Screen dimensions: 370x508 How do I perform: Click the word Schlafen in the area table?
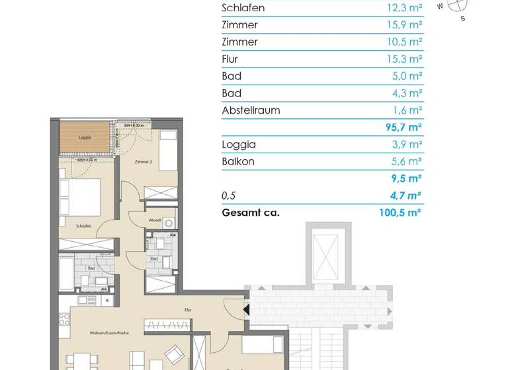click(x=243, y=8)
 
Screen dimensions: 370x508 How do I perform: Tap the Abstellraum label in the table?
click(x=251, y=110)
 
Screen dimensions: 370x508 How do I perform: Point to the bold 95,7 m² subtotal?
click(x=405, y=128)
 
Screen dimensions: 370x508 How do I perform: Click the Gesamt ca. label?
click(x=251, y=212)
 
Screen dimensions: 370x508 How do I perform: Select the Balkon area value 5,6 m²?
click(x=407, y=161)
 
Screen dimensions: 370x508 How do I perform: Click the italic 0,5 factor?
click(x=229, y=196)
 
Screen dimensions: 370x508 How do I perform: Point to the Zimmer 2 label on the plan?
click(x=143, y=161)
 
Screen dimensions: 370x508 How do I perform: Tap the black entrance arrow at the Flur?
click(x=246, y=309)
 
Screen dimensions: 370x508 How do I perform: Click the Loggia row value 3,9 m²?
click(x=407, y=144)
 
